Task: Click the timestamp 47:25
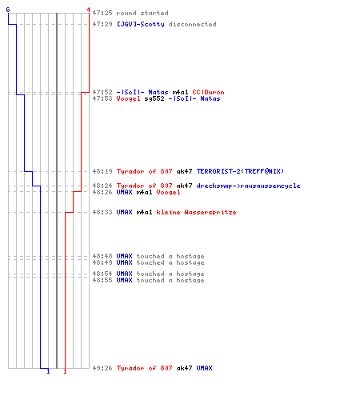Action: [x=102, y=13]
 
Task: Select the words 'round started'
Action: [x=142, y=13]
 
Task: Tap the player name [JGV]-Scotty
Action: [x=141, y=24]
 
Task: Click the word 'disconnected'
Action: [x=192, y=24]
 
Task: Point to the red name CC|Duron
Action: [x=208, y=92]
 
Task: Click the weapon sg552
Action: [x=154, y=98]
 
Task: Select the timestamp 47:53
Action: [x=102, y=98]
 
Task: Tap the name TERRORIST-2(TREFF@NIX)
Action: [x=240, y=171]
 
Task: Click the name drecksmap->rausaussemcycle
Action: [x=248, y=186]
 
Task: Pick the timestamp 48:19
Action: [x=102, y=171]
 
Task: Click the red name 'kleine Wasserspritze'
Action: [x=196, y=212]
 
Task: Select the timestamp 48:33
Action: [x=102, y=212]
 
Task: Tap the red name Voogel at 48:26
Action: [x=168, y=192]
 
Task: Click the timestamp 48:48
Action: [x=102, y=256]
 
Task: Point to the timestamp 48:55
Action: [x=102, y=280]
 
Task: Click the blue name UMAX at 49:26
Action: [x=204, y=368]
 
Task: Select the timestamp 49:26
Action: [x=102, y=368]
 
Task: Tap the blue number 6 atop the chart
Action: [x=8, y=10]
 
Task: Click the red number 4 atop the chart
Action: [x=89, y=10]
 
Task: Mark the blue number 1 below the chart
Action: [x=48, y=371]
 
